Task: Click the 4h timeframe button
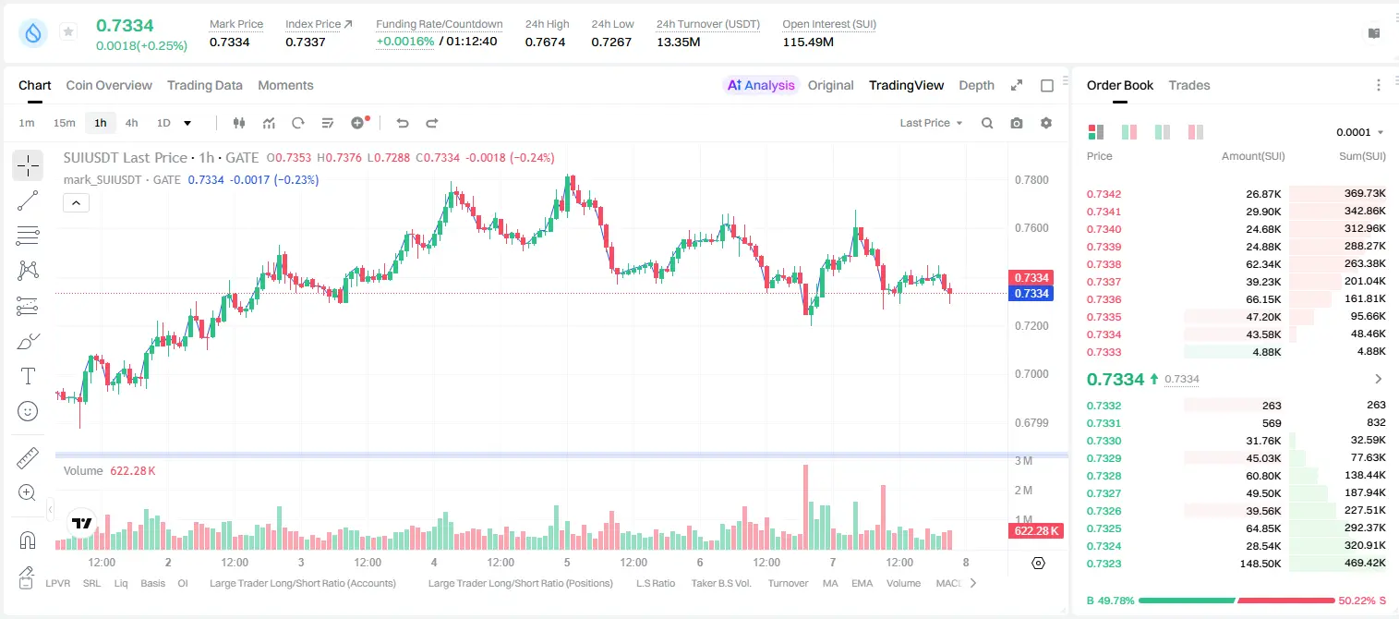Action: point(131,123)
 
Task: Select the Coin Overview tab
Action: point(109,85)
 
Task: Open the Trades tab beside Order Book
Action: point(1189,85)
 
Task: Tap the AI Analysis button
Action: point(761,85)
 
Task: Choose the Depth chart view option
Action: point(976,85)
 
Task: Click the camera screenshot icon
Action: point(1017,123)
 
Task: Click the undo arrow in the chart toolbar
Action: point(403,123)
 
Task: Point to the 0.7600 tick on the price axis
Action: point(1031,228)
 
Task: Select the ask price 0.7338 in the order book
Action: point(1104,264)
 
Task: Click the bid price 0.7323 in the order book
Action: point(1104,564)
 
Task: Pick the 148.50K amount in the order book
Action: point(1260,564)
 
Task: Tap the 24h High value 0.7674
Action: point(545,42)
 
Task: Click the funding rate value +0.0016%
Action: point(404,42)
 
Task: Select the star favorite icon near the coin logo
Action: point(68,31)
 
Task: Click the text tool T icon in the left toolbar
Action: point(28,376)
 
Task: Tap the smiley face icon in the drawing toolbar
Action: point(28,411)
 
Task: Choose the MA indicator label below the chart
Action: point(830,583)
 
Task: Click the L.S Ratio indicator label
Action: point(655,583)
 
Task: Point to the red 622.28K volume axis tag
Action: point(1036,531)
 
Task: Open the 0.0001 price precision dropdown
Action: point(1359,132)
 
